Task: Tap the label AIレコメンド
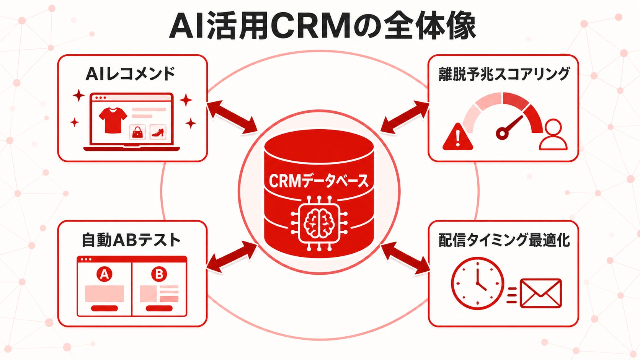point(130,74)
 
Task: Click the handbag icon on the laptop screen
point(137,132)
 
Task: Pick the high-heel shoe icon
point(158,132)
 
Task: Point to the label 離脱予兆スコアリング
point(504,74)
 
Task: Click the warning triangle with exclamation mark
point(457,137)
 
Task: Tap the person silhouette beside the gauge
point(553,134)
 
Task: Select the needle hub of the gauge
point(502,133)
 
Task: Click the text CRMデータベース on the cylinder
point(318,181)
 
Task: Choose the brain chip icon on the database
point(319,223)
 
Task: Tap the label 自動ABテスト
point(131,240)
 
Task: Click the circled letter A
point(104,274)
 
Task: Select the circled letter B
point(159,274)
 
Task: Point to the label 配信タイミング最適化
point(504,240)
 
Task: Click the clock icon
point(477,283)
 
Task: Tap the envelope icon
point(540,293)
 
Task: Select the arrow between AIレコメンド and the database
point(232,117)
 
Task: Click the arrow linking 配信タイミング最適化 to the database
point(405,258)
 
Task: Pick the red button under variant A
point(104,308)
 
